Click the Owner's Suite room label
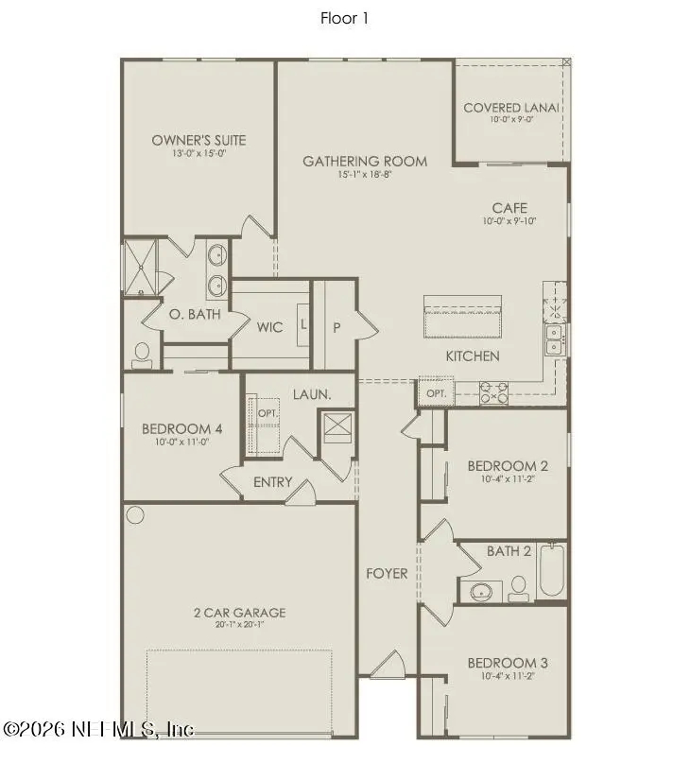pos(198,140)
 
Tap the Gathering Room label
pos(364,161)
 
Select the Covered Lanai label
pos(511,108)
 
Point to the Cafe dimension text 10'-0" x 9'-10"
pos(509,222)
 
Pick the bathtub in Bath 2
pos(551,572)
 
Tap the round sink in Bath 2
pos(481,593)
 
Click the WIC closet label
pos(269,328)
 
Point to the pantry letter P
pos(336,327)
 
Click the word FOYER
pos(387,573)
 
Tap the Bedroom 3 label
pos(508,663)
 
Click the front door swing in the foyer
pos(388,668)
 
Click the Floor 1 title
pos(344,17)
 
